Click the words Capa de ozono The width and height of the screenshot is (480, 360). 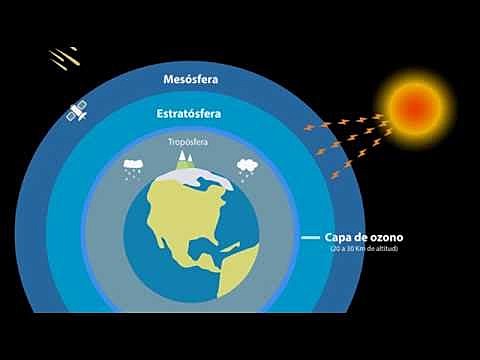coord(364,238)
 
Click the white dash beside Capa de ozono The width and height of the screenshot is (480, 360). coord(310,238)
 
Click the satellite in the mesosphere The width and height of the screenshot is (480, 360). coord(75,113)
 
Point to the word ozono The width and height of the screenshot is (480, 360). coord(382,238)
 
